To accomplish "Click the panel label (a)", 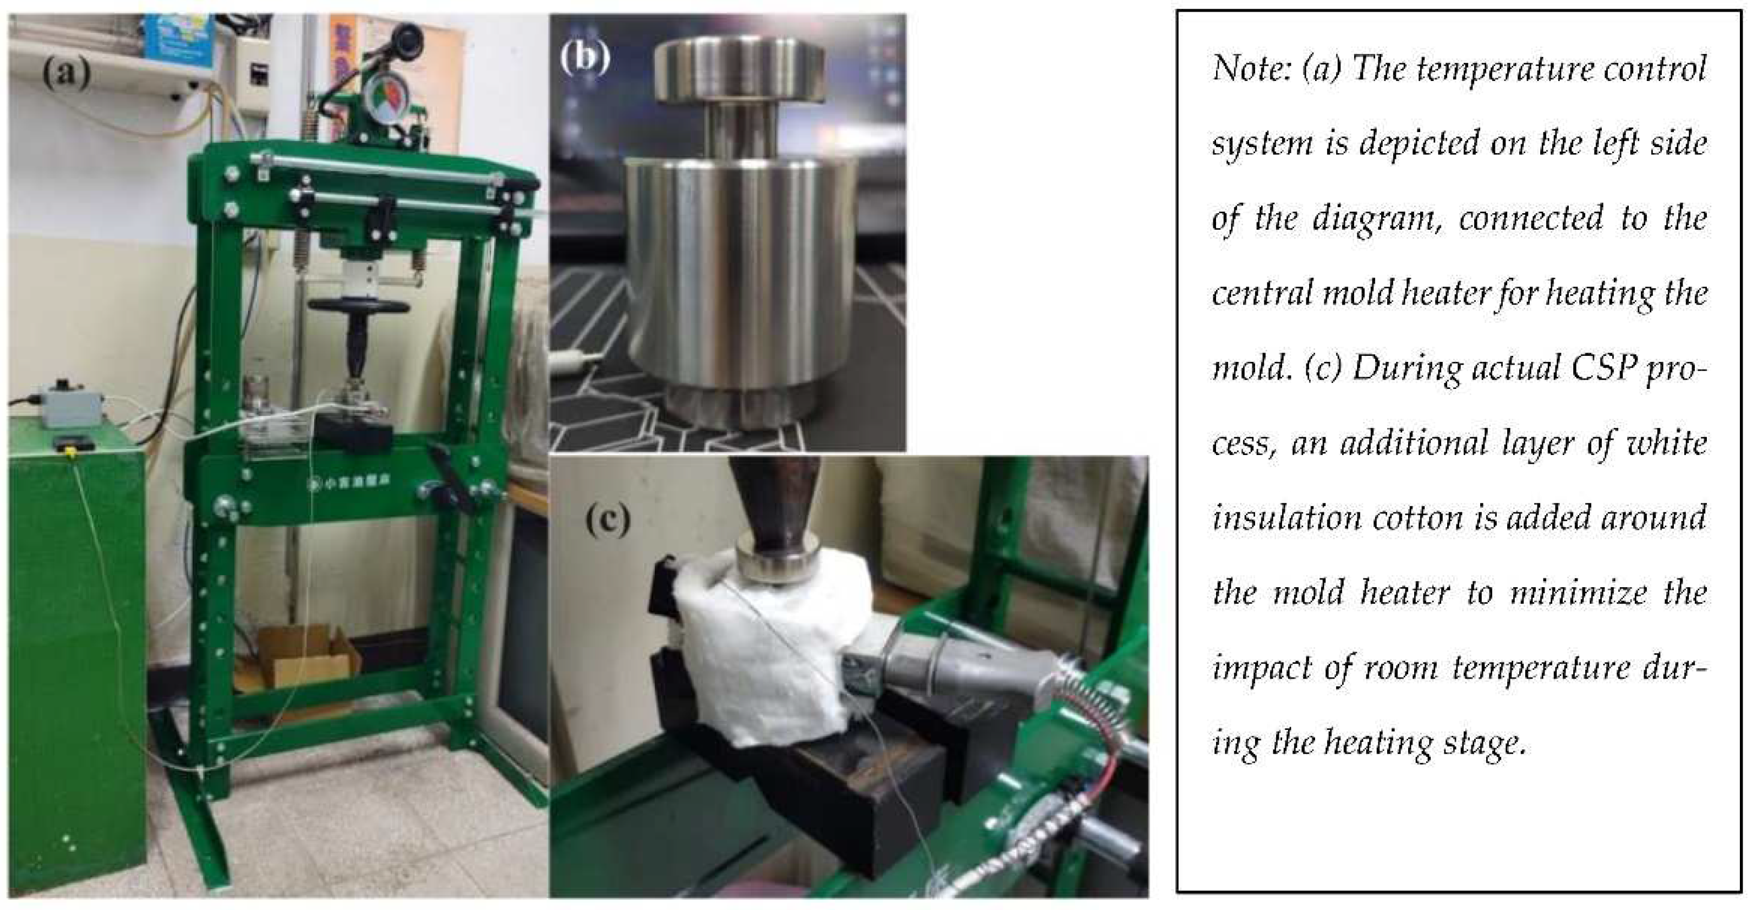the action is coord(66,73).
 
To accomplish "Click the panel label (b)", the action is coord(584,57).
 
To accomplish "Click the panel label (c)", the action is coord(607,521).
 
